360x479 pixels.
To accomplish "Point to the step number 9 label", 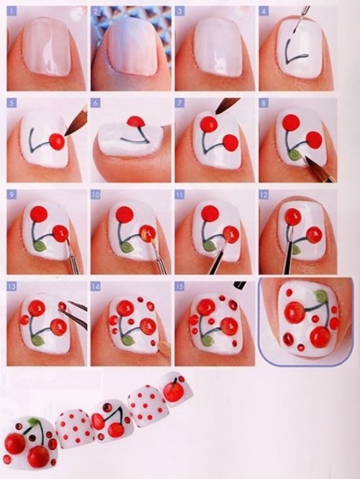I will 12,195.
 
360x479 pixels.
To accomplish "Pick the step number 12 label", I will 264,195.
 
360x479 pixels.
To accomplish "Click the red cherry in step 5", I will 55,140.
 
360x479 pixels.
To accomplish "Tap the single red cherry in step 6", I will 134,122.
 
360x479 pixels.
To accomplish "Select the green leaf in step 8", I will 294,153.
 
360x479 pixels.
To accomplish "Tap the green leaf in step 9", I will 40,246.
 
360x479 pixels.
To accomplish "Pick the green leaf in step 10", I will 127,246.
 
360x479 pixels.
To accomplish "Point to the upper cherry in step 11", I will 208,214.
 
